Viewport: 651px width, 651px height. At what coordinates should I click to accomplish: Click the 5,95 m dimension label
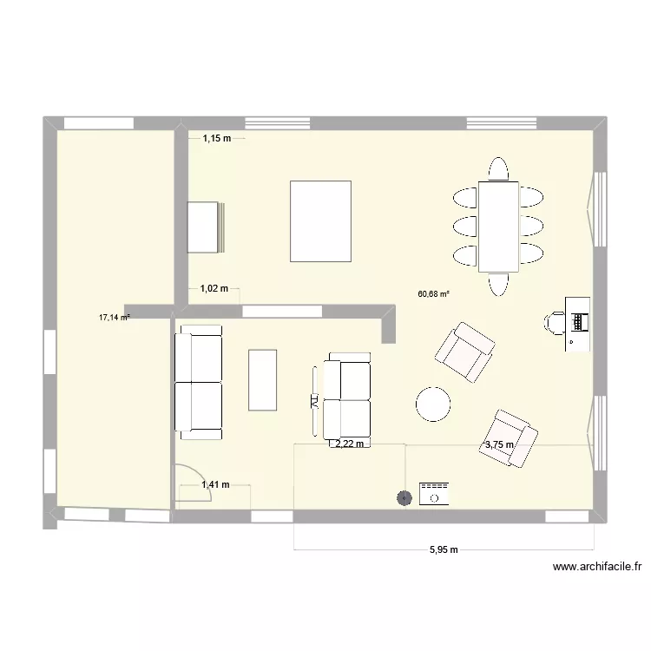(x=443, y=549)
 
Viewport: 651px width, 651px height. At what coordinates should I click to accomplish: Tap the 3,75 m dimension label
(x=499, y=445)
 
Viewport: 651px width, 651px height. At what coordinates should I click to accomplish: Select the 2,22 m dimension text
(x=348, y=444)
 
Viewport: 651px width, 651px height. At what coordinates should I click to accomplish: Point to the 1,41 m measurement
(x=215, y=485)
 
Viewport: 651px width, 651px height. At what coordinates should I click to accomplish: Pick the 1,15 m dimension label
(x=217, y=138)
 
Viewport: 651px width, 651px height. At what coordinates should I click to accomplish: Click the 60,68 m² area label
(x=433, y=293)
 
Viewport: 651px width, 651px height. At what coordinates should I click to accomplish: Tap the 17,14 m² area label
(x=114, y=318)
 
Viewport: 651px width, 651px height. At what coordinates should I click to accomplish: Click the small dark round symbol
(x=404, y=498)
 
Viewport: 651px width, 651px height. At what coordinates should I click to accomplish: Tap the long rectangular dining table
(x=498, y=226)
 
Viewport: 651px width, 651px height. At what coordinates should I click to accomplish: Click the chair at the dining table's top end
(x=498, y=168)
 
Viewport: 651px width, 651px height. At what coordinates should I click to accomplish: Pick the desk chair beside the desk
(x=554, y=322)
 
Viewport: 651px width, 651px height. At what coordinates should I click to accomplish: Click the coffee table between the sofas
(x=263, y=379)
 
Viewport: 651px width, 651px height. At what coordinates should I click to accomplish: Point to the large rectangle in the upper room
(x=320, y=220)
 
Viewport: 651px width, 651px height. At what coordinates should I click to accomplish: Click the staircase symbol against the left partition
(x=207, y=227)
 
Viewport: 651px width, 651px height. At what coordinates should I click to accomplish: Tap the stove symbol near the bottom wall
(x=433, y=494)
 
